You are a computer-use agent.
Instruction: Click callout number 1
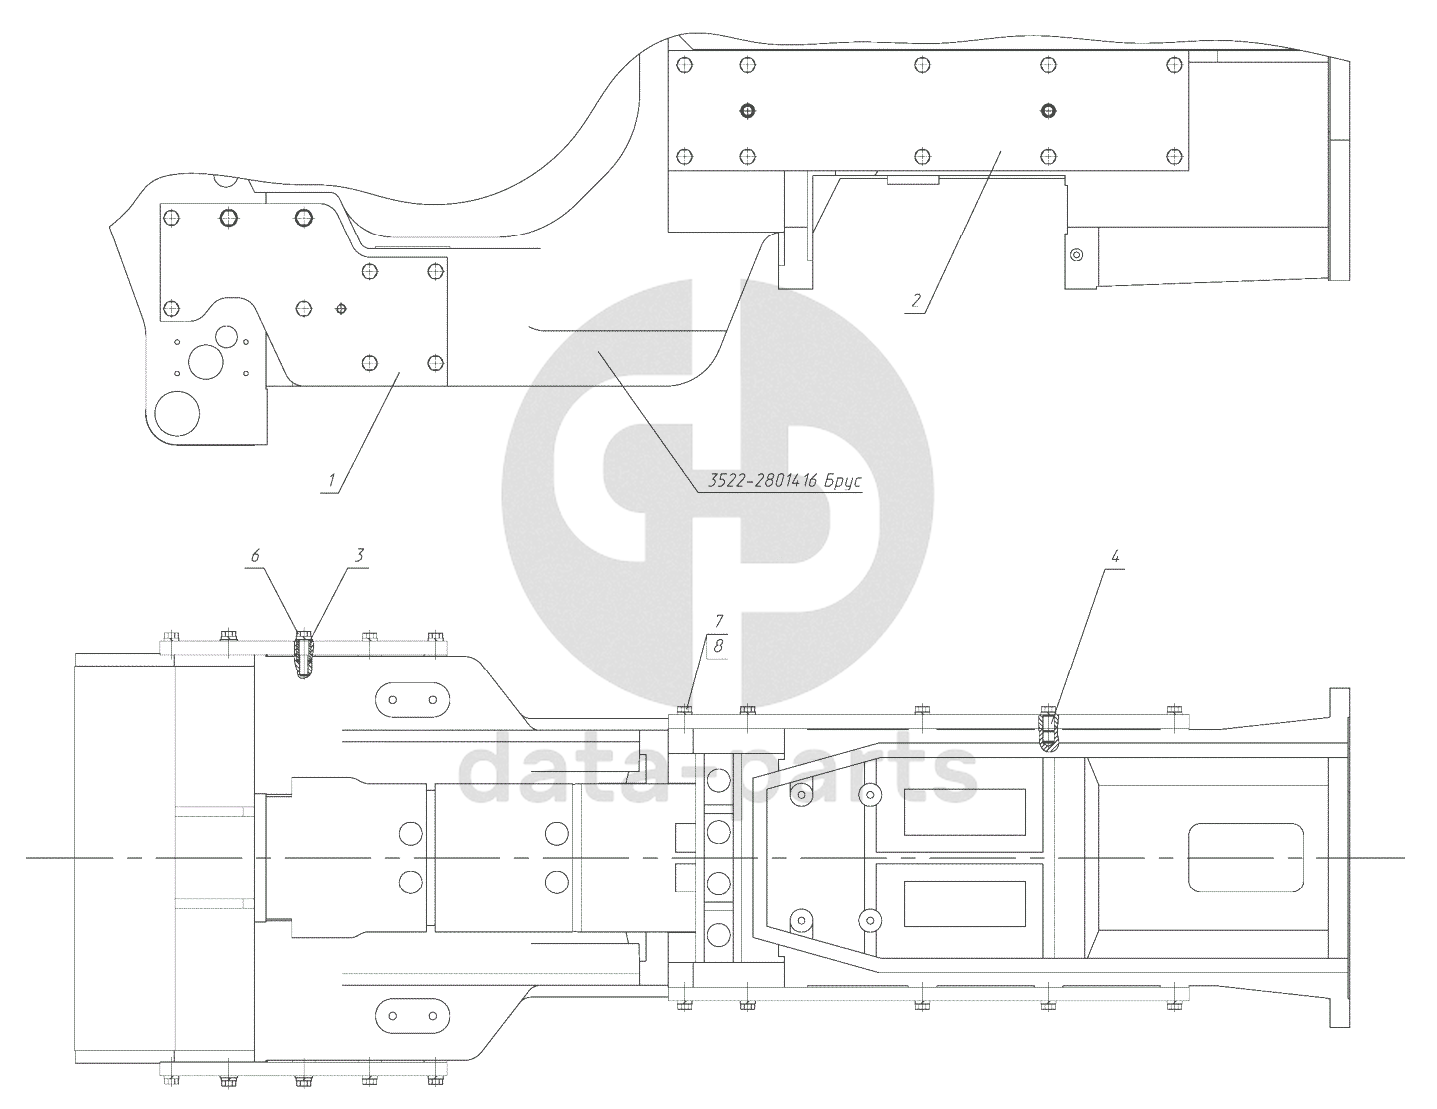click(x=329, y=481)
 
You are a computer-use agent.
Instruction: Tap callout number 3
click(x=360, y=553)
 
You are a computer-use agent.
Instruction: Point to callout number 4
click(x=1114, y=553)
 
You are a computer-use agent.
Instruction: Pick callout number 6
click(x=255, y=553)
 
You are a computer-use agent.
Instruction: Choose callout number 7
click(x=719, y=621)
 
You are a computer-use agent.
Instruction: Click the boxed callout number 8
click(x=719, y=647)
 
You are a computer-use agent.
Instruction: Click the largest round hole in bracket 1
click(x=178, y=412)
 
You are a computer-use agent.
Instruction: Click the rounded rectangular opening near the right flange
click(x=1246, y=857)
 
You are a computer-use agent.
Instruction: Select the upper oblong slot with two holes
click(x=411, y=698)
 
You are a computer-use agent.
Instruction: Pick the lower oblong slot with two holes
click(x=411, y=1016)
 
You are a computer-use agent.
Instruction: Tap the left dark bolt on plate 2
click(x=746, y=109)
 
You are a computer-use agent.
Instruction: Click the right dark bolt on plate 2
click(x=1047, y=109)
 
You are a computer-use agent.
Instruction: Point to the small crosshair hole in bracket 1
click(x=341, y=308)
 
